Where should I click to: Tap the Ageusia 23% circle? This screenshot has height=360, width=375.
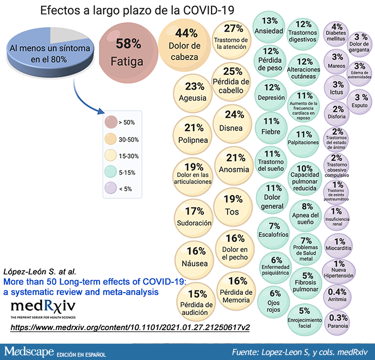pyautogui.click(x=194, y=91)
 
